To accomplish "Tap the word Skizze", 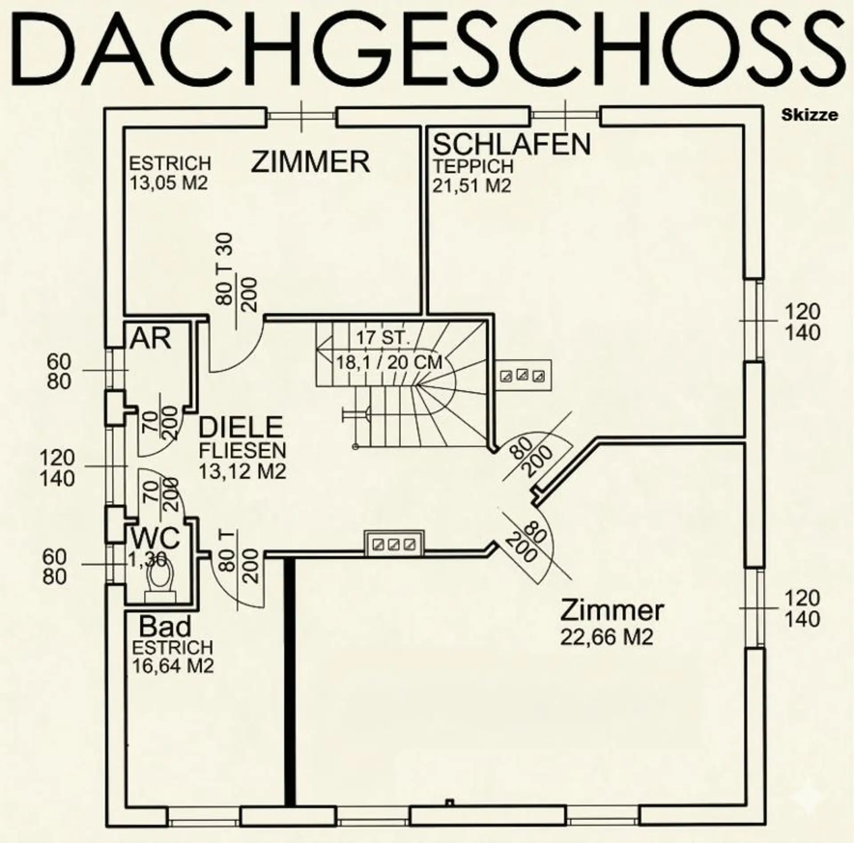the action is point(810,115).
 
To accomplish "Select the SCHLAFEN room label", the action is point(512,144).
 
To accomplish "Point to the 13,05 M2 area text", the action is point(169,183).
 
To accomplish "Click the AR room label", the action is point(150,339).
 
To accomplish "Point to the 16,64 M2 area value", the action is point(173,666).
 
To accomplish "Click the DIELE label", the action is point(241,427).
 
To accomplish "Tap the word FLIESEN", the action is point(242,451).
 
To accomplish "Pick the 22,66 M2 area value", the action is point(607,637).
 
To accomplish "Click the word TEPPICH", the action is point(474,166).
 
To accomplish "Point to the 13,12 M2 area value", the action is point(242,471).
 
